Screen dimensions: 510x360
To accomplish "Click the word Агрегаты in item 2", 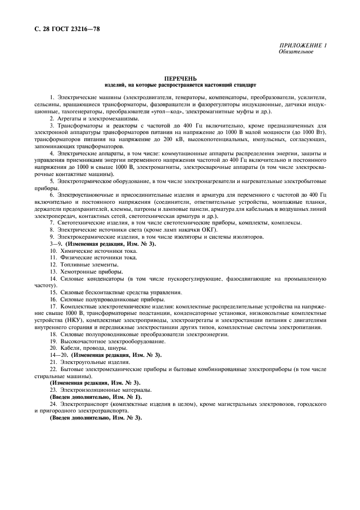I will click(x=72, y=118).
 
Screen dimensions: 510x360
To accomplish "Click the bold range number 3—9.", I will click(x=56, y=244).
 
